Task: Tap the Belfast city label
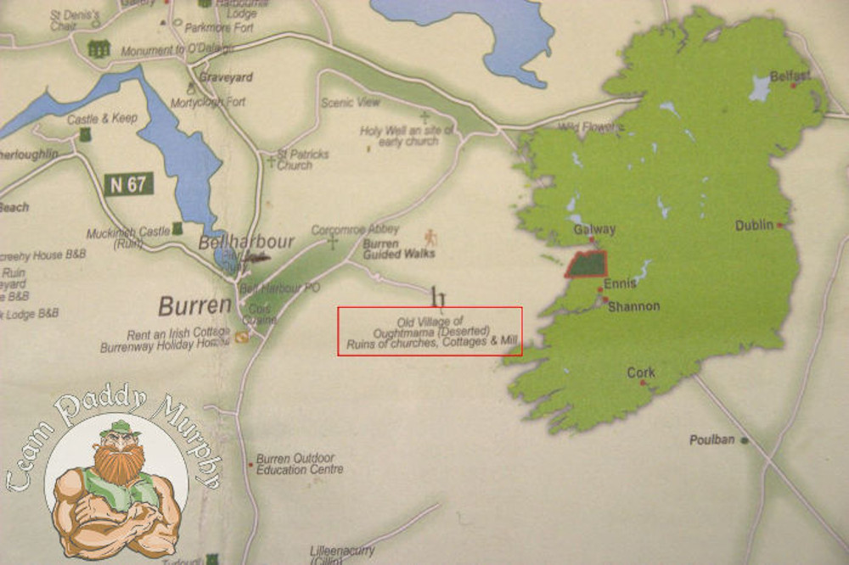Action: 790,76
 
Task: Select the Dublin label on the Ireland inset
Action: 755,225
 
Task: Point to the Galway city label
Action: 594,229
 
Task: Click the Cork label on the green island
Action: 641,372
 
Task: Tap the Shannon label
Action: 633,306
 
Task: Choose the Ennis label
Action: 620,284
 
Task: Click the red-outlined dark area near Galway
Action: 587,264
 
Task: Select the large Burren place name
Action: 194,305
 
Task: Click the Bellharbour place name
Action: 245,242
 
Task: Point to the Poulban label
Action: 711,439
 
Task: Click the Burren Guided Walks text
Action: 399,249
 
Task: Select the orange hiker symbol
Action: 430,236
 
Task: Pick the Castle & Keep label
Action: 102,119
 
